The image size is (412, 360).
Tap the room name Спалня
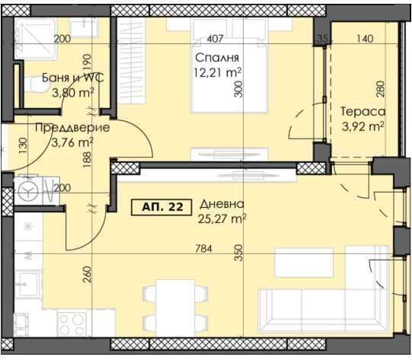(218, 59)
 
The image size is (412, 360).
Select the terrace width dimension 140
(365, 39)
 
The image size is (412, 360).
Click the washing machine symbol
(30, 190)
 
